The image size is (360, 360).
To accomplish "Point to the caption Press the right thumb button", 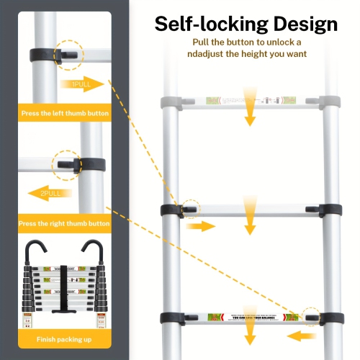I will (65, 223).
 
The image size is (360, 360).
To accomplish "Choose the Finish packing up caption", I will (64, 338).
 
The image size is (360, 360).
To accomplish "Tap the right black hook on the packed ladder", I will (91, 251).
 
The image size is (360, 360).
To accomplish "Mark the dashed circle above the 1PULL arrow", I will (69, 53).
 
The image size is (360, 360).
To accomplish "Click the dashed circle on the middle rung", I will (190, 209).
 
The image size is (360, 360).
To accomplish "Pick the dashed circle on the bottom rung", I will (310, 317).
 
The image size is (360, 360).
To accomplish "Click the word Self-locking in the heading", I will (201, 24).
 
